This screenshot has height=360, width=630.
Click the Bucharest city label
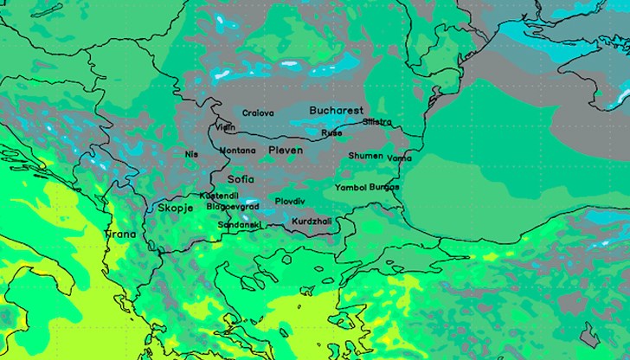click(x=336, y=111)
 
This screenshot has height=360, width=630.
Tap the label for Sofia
click(x=241, y=179)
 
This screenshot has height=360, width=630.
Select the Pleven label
click(x=286, y=151)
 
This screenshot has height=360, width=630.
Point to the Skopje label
click(x=177, y=209)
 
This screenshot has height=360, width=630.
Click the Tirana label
click(x=121, y=235)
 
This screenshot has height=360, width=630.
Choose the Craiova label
click(x=258, y=113)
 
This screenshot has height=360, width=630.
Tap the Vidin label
click(x=225, y=127)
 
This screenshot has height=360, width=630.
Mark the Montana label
click(x=237, y=151)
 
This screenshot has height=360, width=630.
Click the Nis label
click(x=191, y=154)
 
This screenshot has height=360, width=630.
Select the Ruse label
click(x=331, y=133)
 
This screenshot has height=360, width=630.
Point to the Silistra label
click(x=377, y=122)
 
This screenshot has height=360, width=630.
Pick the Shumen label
click(x=365, y=156)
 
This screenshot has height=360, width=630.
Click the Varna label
click(x=400, y=158)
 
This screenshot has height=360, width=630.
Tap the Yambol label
click(x=350, y=187)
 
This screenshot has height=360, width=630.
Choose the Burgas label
click(x=384, y=187)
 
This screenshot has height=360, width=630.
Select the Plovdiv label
click(x=289, y=201)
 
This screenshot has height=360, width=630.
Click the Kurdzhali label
click(x=312, y=222)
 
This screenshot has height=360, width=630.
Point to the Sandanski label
click(x=239, y=224)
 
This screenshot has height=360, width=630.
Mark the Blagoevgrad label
click(x=234, y=207)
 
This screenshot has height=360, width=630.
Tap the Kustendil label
click(x=219, y=196)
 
